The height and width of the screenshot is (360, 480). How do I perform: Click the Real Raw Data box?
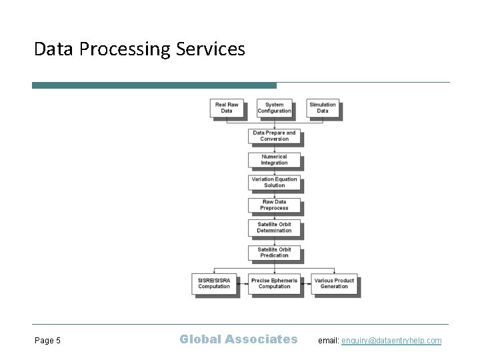227,107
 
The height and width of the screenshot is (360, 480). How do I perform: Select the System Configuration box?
274,107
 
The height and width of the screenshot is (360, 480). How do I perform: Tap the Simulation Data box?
323,107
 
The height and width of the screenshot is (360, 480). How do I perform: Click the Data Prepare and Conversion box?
274,136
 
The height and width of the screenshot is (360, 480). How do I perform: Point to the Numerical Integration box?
274,160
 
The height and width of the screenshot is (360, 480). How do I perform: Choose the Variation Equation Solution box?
274,182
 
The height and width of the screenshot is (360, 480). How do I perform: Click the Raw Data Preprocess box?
274,205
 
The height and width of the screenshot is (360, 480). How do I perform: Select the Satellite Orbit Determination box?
274,227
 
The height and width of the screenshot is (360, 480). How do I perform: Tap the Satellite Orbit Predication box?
274,252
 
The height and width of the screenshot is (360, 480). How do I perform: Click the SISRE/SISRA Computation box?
214,283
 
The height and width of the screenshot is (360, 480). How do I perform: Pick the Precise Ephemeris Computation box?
274,283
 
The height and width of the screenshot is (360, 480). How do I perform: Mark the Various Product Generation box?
334,283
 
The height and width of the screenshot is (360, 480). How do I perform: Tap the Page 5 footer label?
47,341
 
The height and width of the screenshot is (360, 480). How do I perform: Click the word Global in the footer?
200,339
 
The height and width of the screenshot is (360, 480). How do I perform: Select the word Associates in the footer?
261,339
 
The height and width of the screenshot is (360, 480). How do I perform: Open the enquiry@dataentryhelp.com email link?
391,341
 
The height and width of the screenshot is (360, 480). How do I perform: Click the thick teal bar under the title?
154,85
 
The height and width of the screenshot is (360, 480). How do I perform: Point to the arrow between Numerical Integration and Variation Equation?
274,171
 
